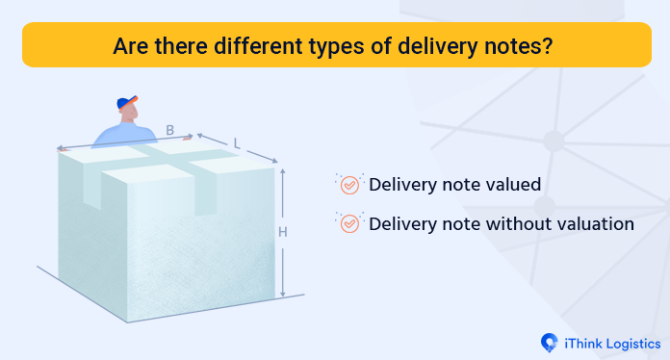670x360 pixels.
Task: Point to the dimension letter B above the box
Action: (x=169, y=130)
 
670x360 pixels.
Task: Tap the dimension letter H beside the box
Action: (x=283, y=231)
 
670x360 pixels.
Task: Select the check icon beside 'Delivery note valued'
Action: (x=349, y=184)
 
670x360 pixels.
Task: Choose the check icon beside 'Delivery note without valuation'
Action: (x=349, y=223)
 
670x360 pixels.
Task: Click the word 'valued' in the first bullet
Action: (x=511, y=184)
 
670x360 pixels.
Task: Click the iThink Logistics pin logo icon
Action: (x=550, y=342)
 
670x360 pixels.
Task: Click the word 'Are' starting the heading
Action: (x=130, y=45)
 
